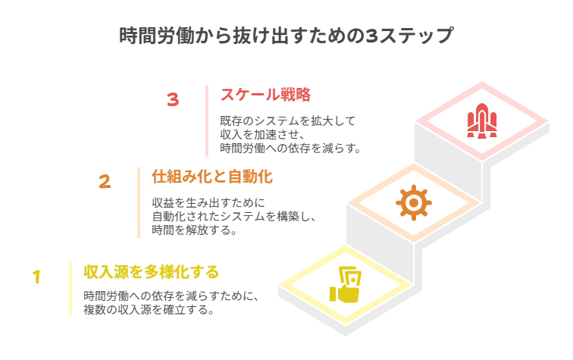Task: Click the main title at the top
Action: pyautogui.click(x=286, y=36)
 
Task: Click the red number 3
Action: pyautogui.click(x=173, y=99)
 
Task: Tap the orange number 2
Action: pyautogui.click(x=105, y=181)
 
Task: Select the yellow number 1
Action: pyautogui.click(x=36, y=277)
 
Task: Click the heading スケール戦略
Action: pyautogui.click(x=265, y=95)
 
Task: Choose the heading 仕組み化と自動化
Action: pyautogui.click(x=212, y=177)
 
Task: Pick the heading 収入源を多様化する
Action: pyautogui.click(x=151, y=272)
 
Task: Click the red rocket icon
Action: pyautogui.click(x=481, y=121)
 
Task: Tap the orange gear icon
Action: pyautogui.click(x=414, y=202)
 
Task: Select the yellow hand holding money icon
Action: pyautogui.click(x=346, y=285)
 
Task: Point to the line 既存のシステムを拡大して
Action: pyautogui.click(x=287, y=121)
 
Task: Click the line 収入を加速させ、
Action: pyautogui.click(x=262, y=134)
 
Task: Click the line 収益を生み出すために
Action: pyautogui.click(x=208, y=203)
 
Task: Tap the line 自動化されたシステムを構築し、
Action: pyautogui.click(x=234, y=216)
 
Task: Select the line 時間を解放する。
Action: pyautogui.click(x=194, y=230)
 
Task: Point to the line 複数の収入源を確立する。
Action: pyautogui.click(x=149, y=310)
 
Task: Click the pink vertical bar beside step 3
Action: pyautogui.click(x=207, y=121)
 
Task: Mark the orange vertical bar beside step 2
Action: pyautogui.click(x=139, y=203)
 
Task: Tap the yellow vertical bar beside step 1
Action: pyautogui.click(x=70, y=289)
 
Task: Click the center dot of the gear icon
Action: pyautogui.click(x=414, y=202)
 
